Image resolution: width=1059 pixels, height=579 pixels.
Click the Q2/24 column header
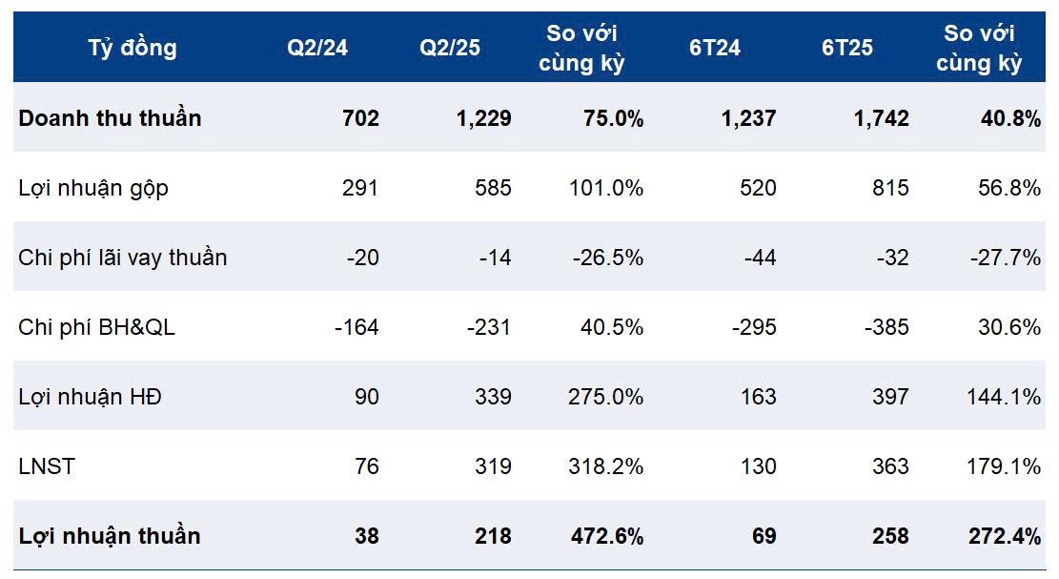[x=317, y=48]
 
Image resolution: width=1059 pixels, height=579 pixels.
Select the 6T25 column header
[x=847, y=48]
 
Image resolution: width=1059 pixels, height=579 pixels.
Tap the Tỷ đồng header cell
[x=132, y=48]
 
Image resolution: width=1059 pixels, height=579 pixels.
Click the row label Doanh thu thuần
[x=111, y=118]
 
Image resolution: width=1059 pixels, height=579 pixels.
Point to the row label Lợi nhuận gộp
[x=93, y=188]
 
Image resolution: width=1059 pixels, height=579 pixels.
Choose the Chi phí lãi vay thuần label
[x=123, y=258]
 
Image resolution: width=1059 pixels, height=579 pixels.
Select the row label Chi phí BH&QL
[x=97, y=327]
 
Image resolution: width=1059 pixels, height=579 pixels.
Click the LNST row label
[x=46, y=466]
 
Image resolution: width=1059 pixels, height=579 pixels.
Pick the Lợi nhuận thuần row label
[x=110, y=536]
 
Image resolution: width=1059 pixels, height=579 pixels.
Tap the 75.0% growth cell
[x=612, y=118]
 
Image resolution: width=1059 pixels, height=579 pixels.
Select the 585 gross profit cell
[x=494, y=188]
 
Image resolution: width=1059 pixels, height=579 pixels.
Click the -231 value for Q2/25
[x=489, y=327]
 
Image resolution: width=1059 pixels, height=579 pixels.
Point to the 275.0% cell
[x=606, y=397]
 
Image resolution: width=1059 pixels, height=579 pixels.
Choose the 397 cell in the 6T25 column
[x=890, y=397]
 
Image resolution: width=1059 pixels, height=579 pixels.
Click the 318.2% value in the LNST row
[x=606, y=466]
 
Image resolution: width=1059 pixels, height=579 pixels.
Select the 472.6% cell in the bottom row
[x=606, y=536]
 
